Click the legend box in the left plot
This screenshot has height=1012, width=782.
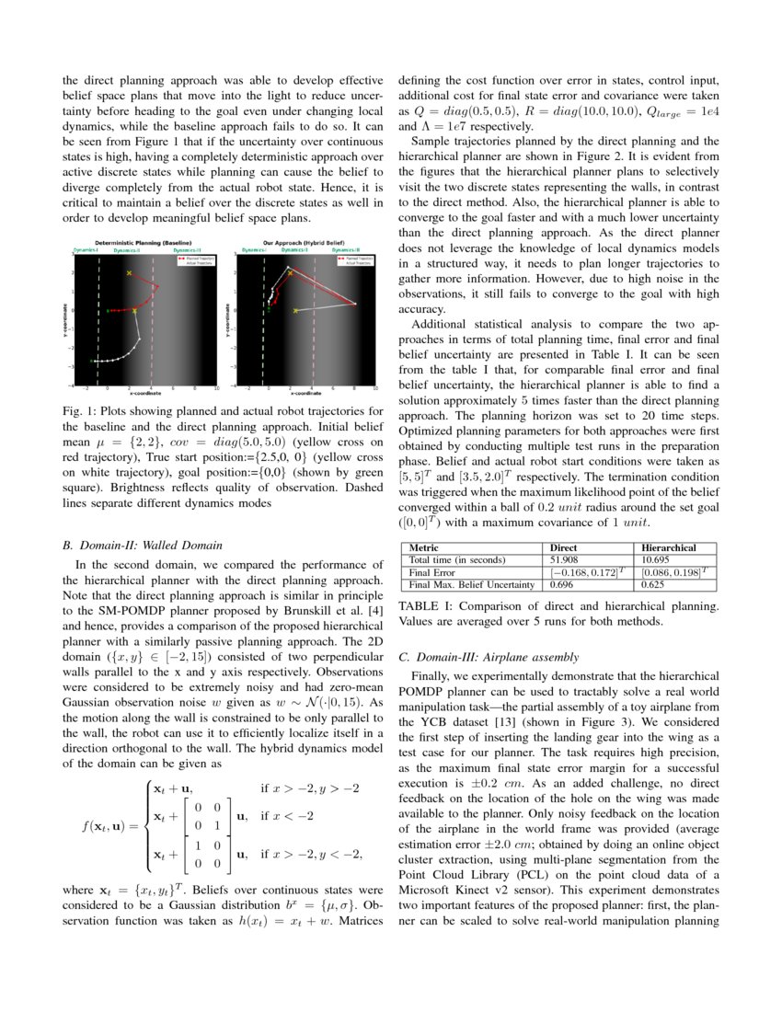(x=194, y=261)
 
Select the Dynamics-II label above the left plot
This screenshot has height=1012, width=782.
(x=128, y=249)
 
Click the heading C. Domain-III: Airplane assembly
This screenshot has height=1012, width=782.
(x=488, y=656)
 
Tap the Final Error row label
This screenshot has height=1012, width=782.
(x=432, y=571)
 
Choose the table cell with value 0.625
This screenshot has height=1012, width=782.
(x=653, y=584)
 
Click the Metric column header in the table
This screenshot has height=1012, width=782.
(x=424, y=546)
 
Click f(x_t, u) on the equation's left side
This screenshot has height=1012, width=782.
(x=109, y=825)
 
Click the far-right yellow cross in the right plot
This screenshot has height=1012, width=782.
(x=294, y=311)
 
